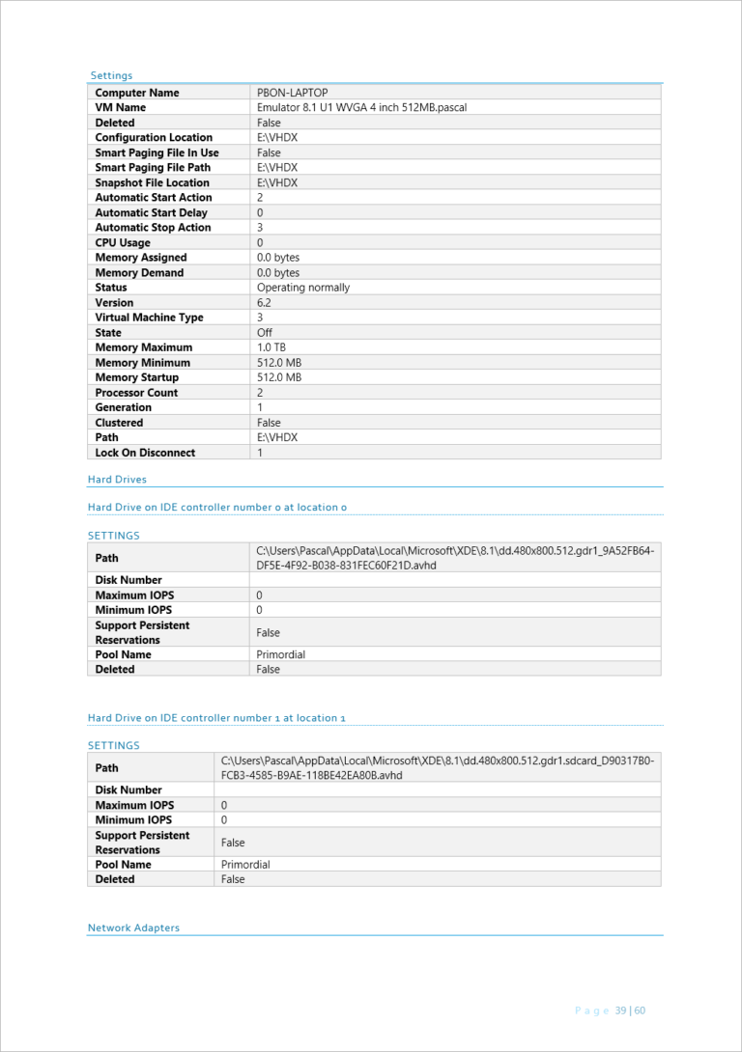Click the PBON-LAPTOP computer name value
tap(292, 93)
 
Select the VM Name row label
tap(120, 108)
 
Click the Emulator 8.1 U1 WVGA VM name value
tap(361, 108)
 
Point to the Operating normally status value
tap(302, 288)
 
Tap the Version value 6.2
tap(264, 303)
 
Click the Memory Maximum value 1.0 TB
tap(271, 347)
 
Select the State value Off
tap(264, 333)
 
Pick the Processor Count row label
tap(136, 393)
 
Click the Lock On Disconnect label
tap(145, 453)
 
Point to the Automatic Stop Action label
tap(153, 228)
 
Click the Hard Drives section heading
tap(117, 480)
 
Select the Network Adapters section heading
tap(133, 928)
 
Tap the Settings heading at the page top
tap(111, 76)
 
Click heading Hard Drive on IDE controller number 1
tap(216, 718)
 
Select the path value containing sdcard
tap(437, 767)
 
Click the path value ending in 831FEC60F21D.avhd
tap(454, 558)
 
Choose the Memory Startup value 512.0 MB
tap(278, 377)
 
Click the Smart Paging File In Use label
tap(157, 152)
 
